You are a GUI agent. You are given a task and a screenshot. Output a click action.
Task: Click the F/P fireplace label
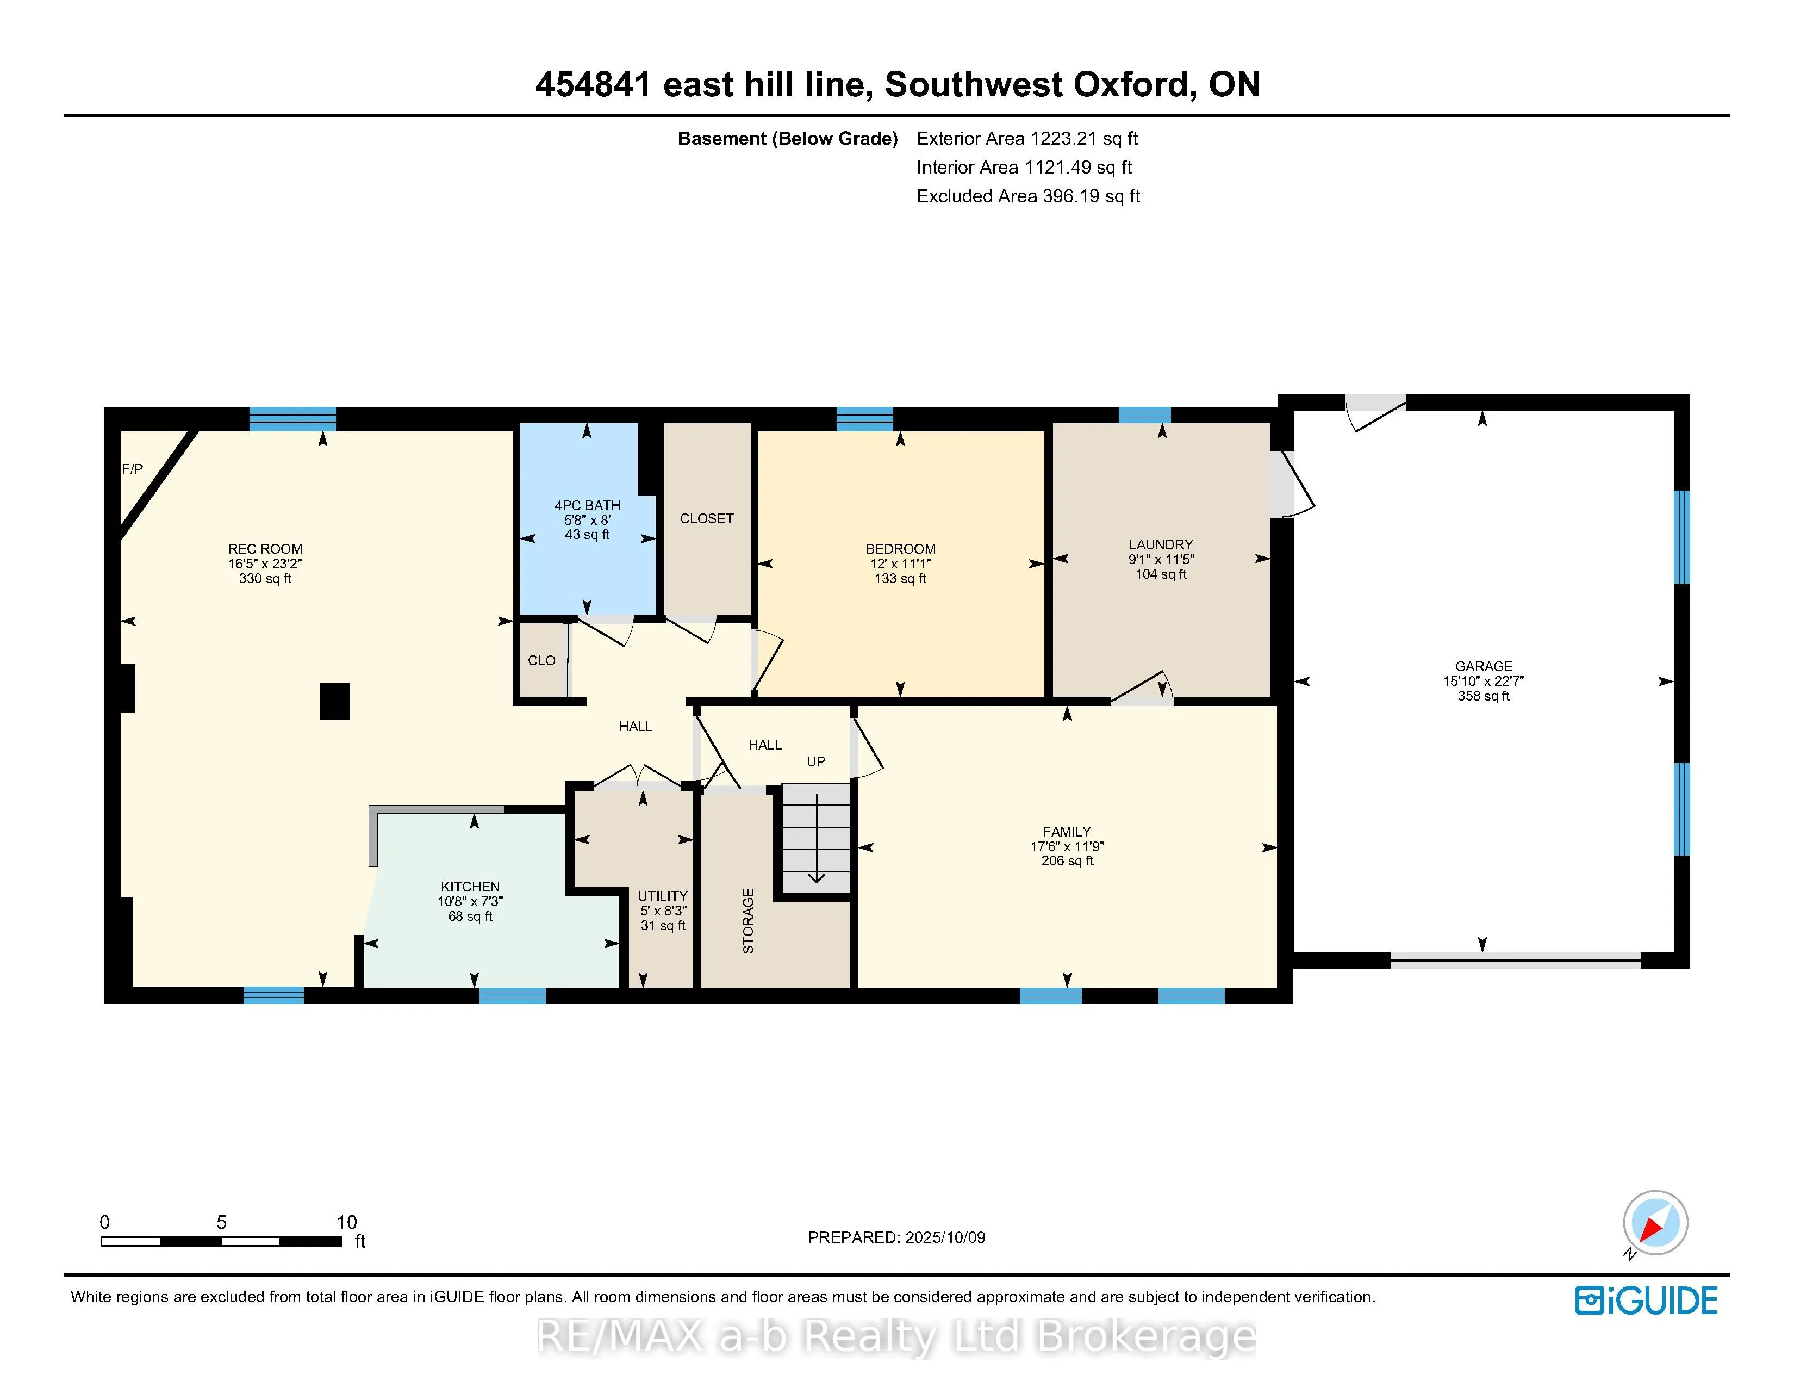tap(132, 469)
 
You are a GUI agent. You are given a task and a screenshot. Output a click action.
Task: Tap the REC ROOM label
tap(265, 549)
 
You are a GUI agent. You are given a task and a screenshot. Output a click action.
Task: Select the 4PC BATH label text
tap(587, 505)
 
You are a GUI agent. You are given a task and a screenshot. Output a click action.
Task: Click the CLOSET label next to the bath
tap(706, 518)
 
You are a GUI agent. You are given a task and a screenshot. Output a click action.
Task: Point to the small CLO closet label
tap(541, 661)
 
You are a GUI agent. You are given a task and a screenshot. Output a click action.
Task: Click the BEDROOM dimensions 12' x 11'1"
tap(900, 564)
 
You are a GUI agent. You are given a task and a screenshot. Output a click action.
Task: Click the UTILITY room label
tap(662, 896)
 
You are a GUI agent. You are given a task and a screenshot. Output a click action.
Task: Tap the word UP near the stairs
tap(815, 761)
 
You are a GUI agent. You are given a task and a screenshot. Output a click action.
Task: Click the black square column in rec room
tap(334, 702)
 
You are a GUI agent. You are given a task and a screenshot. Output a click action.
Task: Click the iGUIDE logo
tap(1646, 1301)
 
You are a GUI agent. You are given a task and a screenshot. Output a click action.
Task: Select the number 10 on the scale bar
tap(347, 1222)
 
